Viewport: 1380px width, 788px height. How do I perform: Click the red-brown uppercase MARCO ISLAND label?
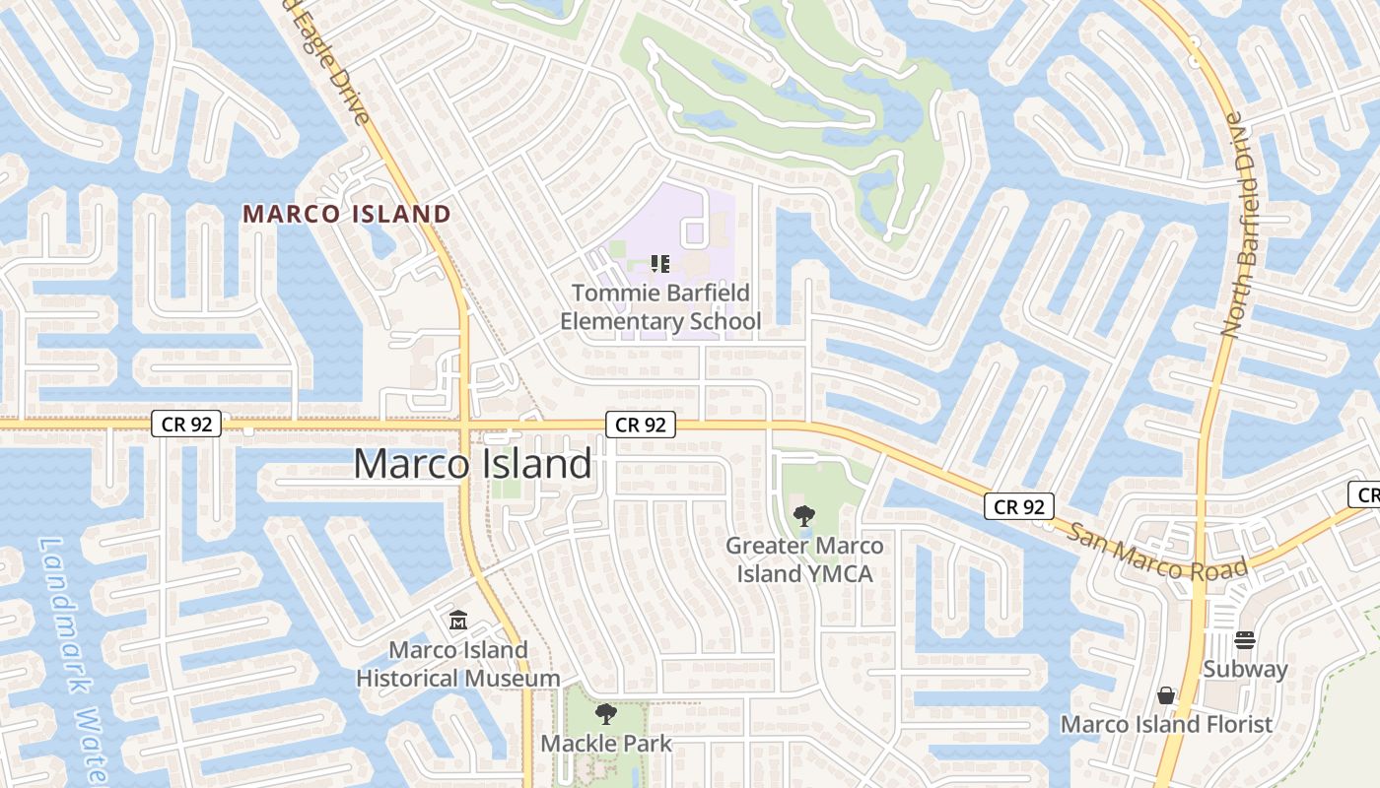pyautogui.click(x=347, y=214)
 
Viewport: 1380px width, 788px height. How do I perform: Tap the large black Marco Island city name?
pyautogui.click(x=473, y=463)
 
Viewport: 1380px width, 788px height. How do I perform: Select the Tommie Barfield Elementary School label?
pyautogui.click(x=660, y=307)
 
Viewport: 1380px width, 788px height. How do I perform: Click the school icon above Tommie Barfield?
pyautogui.click(x=660, y=264)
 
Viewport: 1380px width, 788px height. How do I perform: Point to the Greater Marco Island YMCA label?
pyautogui.click(x=805, y=559)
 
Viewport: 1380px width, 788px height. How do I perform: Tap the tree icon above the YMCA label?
pyautogui.click(x=804, y=515)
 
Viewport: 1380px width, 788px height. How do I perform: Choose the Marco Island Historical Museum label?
pyautogui.click(x=458, y=664)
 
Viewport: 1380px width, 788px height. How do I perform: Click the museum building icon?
pyautogui.click(x=458, y=621)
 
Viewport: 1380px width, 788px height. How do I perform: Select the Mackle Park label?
pyautogui.click(x=606, y=744)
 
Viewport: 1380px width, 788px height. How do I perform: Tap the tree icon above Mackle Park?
pyautogui.click(x=606, y=713)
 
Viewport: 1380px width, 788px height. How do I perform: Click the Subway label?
pyautogui.click(x=1245, y=670)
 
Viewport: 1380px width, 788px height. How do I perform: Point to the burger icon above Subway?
pyautogui.click(x=1245, y=640)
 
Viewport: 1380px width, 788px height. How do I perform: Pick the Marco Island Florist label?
pyautogui.click(x=1166, y=725)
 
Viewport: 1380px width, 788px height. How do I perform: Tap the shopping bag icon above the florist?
pyautogui.click(x=1166, y=695)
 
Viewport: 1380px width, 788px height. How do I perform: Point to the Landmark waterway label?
pyautogui.click(x=74, y=660)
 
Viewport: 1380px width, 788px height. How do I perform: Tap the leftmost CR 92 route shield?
pyautogui.click(x=186, y=425)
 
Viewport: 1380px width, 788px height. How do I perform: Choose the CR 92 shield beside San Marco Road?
pyautogui.click(x=1019, y=506)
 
